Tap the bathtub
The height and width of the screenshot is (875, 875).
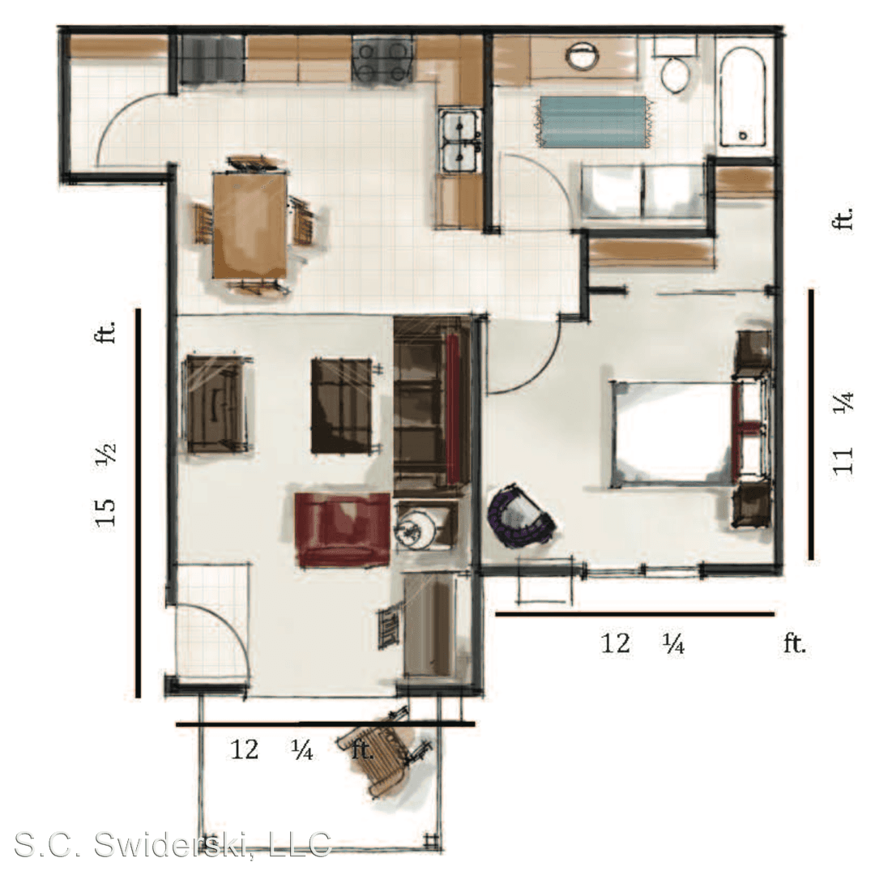743,96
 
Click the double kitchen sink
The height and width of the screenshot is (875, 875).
460,140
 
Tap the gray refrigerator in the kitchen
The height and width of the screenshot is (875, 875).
211,59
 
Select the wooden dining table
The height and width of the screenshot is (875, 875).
250,225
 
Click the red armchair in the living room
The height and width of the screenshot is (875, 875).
342,530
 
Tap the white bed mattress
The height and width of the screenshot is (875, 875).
672,433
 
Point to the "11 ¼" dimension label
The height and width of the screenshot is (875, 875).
843,433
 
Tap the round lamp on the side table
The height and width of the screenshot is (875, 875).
416,530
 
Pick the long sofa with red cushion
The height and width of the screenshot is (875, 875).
431,406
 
